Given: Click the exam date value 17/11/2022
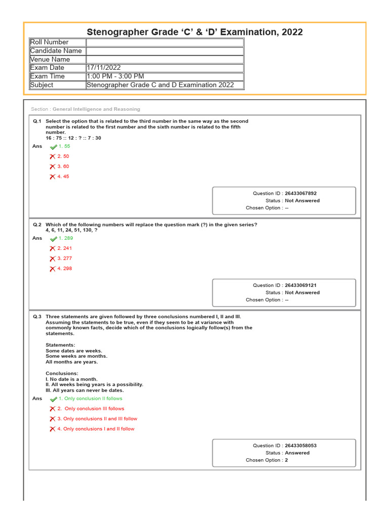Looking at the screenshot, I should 104,68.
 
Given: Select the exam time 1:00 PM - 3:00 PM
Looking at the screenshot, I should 115,76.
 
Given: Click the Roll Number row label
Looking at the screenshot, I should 49,42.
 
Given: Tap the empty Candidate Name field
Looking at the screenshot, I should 165,51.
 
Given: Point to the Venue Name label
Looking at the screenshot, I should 50,59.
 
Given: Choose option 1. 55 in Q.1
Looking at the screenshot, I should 64,146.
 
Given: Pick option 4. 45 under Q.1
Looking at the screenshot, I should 63,177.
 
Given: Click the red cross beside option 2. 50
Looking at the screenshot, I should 52,157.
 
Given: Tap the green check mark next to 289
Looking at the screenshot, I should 53,238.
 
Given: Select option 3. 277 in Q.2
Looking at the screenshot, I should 65,258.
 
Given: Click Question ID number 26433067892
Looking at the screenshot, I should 301,193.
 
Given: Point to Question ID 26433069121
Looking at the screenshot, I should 301,285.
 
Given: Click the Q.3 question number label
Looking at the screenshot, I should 37,317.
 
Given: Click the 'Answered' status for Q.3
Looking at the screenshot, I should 297,453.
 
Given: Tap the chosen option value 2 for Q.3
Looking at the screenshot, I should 286,460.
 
